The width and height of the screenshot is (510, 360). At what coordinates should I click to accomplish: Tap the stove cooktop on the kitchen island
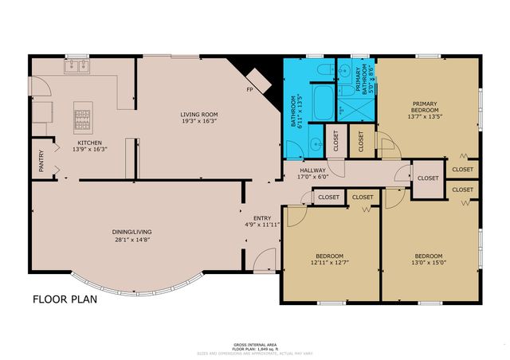pos(83,119)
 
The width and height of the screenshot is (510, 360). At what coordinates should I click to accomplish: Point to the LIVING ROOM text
pos(198,115)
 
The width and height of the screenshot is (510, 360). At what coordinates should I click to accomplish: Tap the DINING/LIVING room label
pos(132,232)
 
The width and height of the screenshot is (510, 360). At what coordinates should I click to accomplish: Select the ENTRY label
pos(262,217)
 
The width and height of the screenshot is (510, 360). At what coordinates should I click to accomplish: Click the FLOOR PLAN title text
pos(65,300)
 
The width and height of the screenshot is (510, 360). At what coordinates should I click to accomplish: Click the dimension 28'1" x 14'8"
pos(132,239)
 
